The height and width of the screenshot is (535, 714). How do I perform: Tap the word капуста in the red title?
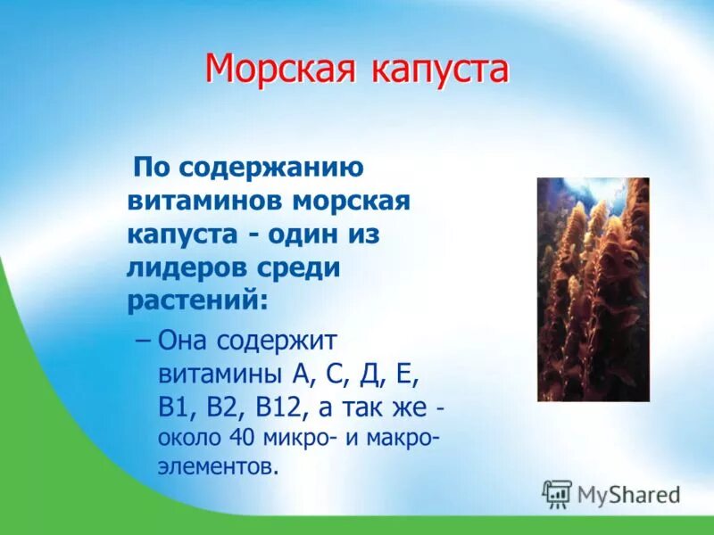[x=433, y=70]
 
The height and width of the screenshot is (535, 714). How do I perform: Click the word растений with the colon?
[x=197, y=300]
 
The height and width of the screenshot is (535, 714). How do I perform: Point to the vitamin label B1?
[x=171, y=407]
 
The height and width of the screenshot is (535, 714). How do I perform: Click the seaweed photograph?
[x=593, y=289]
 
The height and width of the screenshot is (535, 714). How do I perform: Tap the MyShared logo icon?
[x=557, y=494]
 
